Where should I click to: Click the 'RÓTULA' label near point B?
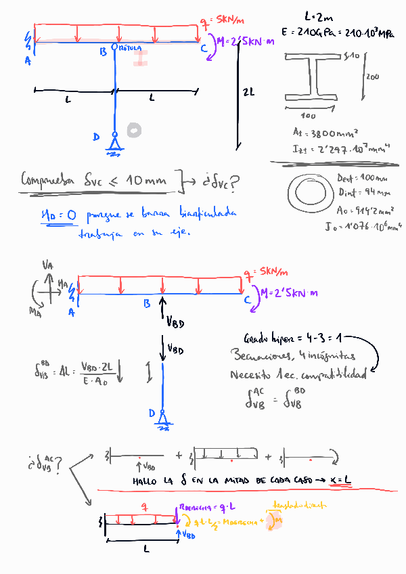pyautogui.click(x=129, y=49)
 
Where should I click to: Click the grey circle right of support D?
pyautogui.click(x=135, y=129)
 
